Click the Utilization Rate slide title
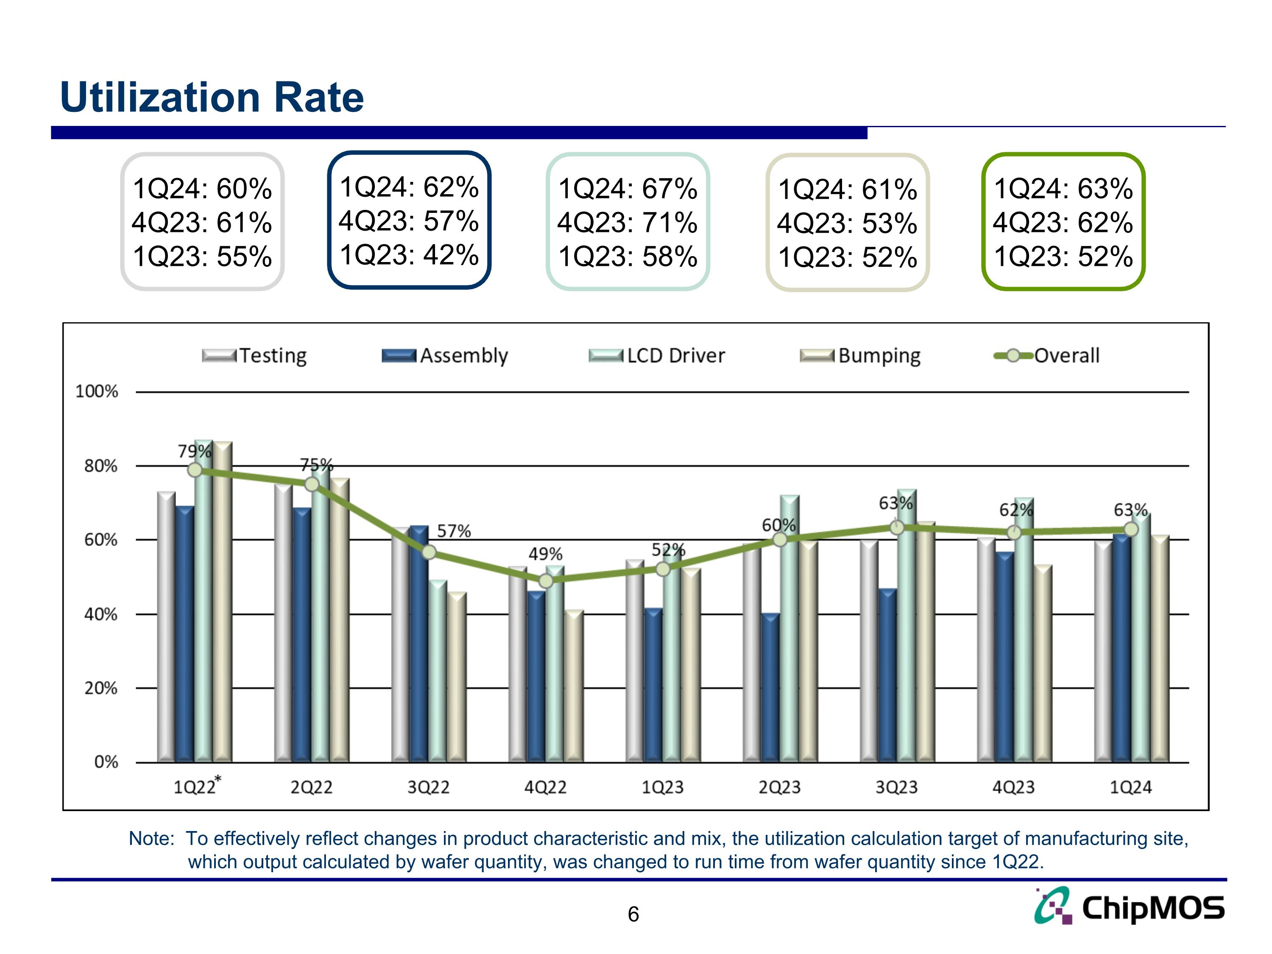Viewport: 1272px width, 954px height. pos(212,97)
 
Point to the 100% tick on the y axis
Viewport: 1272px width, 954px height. pos(97,392)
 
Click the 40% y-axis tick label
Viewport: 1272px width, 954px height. pos(100,614)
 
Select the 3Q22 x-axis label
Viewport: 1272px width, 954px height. pos(428,787)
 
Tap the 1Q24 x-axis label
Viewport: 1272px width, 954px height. pos(1130,787)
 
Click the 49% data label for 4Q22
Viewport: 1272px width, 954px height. pos(545,554)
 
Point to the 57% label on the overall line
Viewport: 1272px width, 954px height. pos(454,531)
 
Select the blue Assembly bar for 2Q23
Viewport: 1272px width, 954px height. pos(770,687)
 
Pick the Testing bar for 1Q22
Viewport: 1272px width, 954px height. pos(166,627)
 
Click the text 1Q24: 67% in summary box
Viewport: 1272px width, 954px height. pos(628,189)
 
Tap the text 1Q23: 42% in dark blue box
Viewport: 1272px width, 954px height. pos(409,255)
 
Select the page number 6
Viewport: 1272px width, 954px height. pos(633,914)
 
